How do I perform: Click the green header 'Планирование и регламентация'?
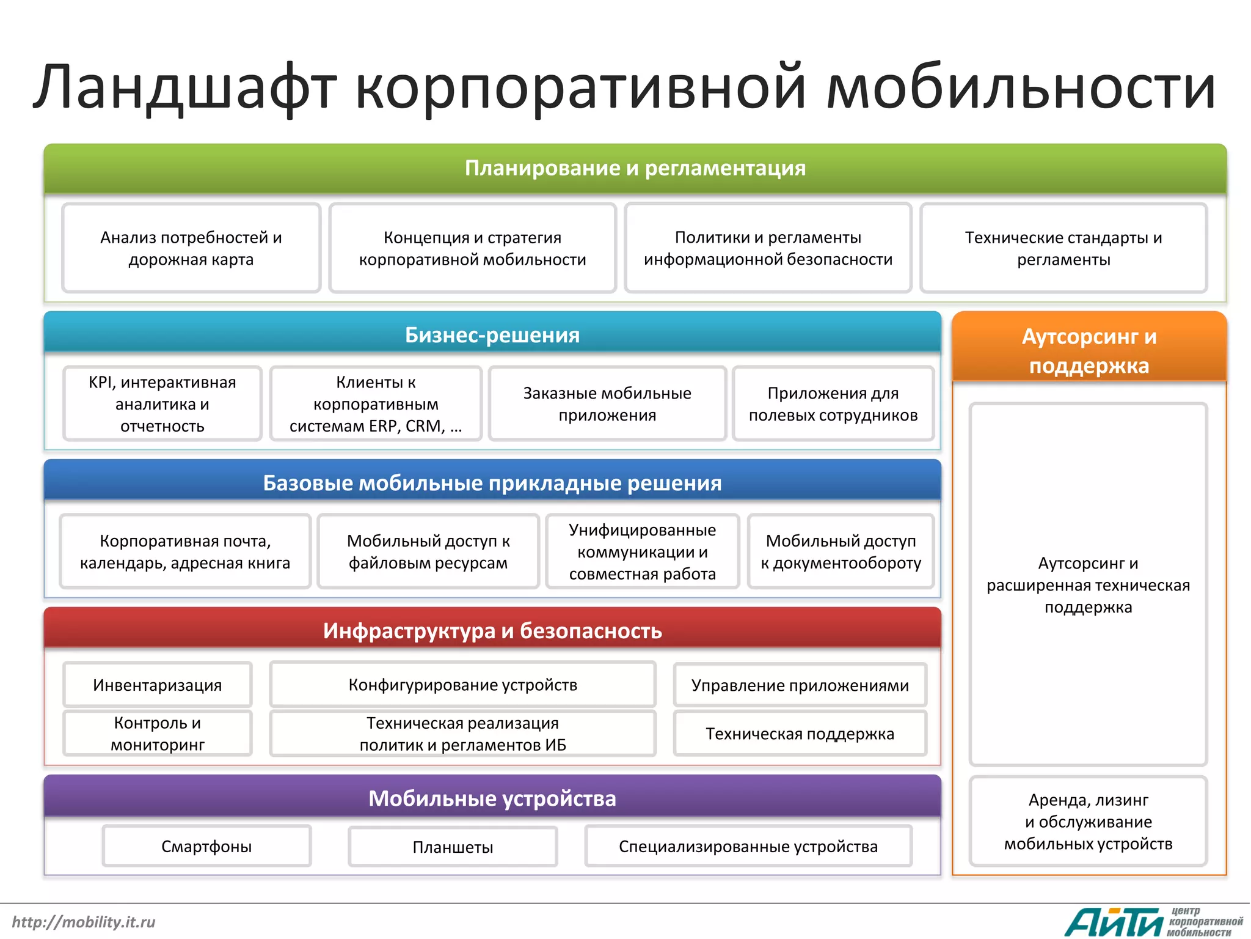coord(635,168)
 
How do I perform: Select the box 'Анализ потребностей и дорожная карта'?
coord(191,248)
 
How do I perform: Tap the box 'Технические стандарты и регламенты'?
coord(1063,248)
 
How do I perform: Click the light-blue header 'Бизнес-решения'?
coord(492,334)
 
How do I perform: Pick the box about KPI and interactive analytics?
coord(162,403)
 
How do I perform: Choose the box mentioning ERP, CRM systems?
coord(376,403)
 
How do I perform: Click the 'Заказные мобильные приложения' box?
coord(607,403)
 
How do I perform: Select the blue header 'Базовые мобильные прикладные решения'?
coord(492,482)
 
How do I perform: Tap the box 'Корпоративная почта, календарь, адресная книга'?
coord(185,551)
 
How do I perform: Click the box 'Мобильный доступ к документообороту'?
coord(841,551)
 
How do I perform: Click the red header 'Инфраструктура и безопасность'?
coord(492,630)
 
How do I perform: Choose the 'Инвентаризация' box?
coord(158,685)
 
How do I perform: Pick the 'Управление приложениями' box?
coord(800,685)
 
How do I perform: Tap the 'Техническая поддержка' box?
coord(800,734)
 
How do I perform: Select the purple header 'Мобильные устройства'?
coord(492,798)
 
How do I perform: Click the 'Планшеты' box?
coord(453,847)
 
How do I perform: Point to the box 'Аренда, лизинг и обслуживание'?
coord(1089,822)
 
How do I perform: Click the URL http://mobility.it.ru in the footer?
coord(84,922)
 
